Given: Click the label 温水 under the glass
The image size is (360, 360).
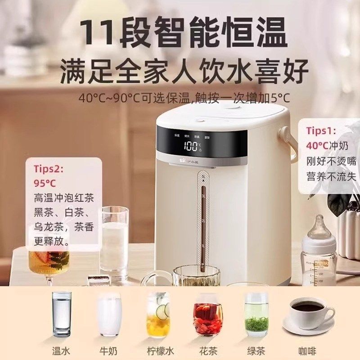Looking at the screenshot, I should click(x=62, y=349).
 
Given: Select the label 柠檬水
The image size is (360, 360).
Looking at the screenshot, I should click(x=158, y=349).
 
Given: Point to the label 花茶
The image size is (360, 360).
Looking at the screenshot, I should click(x=207, y=349).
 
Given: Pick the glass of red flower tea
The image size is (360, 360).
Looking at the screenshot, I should click(x=207, y=315).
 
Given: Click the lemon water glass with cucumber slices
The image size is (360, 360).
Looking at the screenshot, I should click(x=158, y=315).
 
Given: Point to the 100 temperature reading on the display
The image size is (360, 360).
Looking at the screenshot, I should click(x=191, y=146).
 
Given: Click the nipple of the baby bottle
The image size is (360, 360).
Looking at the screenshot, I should click(x=320, y=225).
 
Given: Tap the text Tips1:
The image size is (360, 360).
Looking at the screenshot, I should click(x=321, y=130).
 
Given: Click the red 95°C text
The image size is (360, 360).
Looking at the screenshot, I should click(x=45, y=184).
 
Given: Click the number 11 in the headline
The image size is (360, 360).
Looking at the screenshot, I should click(x=97, y=32).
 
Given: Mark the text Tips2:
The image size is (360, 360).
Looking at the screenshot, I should click(x=49, y=169).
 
